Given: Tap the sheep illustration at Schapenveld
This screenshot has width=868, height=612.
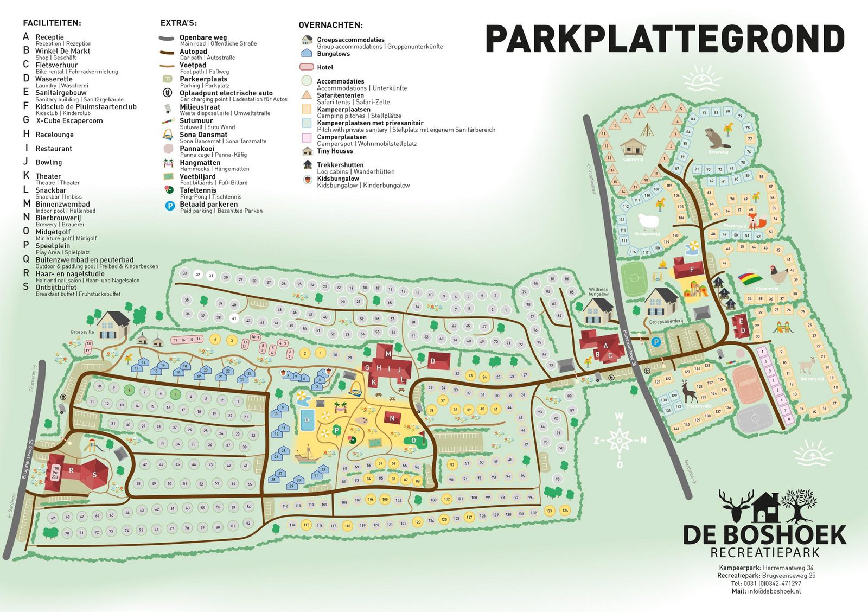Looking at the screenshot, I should coord(648,221).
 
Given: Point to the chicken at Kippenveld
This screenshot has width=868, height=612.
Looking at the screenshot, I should coord(778,275).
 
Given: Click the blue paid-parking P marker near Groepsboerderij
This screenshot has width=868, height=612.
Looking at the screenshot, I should coord(655,342).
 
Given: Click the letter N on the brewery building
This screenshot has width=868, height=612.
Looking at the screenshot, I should coord(392,418).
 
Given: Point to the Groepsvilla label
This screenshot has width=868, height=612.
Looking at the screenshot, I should coord(82,332).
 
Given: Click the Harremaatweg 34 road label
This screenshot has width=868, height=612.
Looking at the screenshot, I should coord(629,348).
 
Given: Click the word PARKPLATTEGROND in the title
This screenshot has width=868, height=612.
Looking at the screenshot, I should coord(665,39).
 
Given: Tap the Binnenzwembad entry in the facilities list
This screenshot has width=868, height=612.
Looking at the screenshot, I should coord(62,204).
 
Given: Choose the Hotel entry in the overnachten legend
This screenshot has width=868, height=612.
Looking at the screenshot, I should coord(325,67).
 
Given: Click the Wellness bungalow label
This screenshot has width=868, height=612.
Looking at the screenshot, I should coord(598,291).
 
